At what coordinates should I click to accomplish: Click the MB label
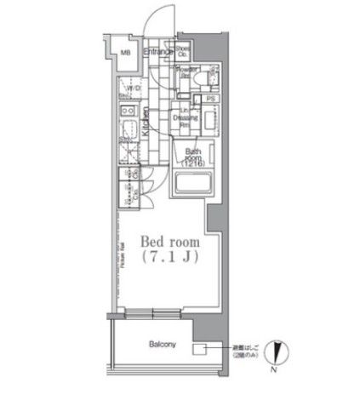click(x=125, y=54)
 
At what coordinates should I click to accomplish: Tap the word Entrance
click(x=157, y=53)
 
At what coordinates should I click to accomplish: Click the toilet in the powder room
click(x=197, y=77)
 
